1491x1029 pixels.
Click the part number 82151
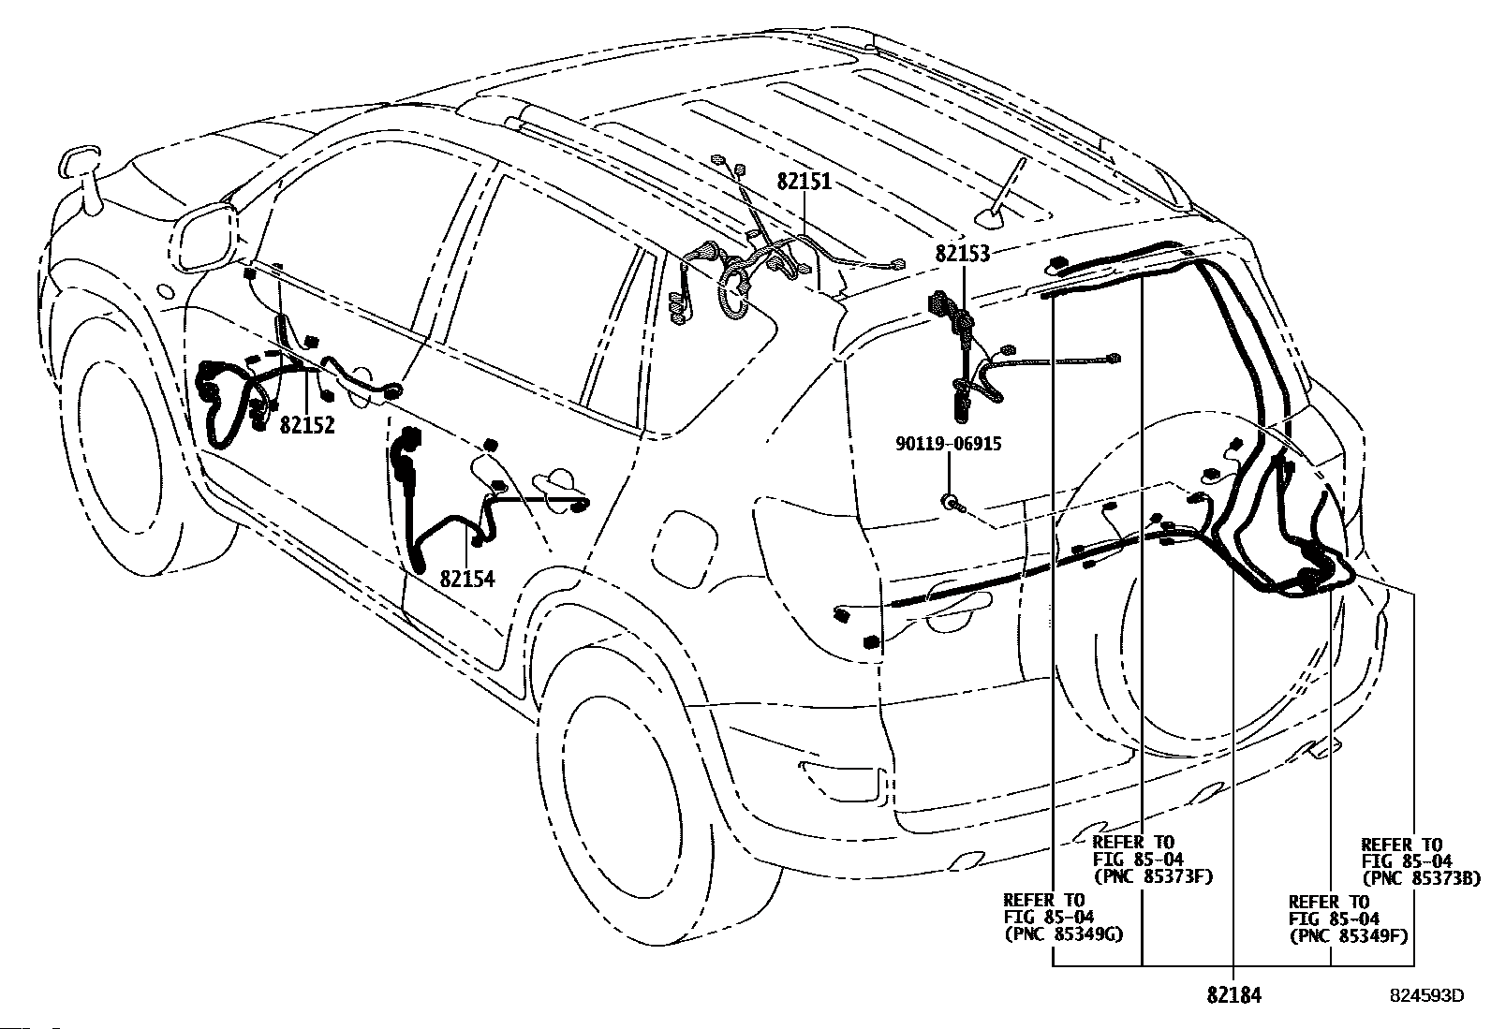tap(805, 182)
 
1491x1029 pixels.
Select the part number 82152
tap(307, 425)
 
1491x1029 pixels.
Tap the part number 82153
tap(963, 254)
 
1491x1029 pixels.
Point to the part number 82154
tap(467, 579)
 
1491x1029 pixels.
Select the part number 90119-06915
tap(948, 443)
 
